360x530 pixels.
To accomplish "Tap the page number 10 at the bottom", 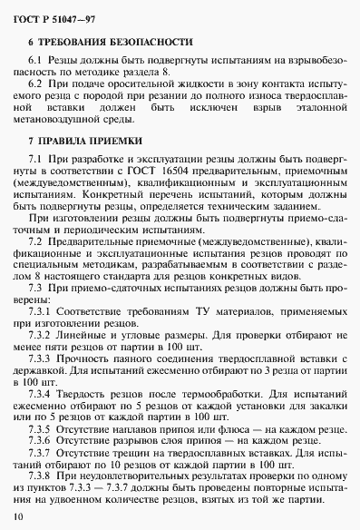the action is click(19, 516).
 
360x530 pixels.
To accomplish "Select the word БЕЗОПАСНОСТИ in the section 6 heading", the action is click(149, 43).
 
